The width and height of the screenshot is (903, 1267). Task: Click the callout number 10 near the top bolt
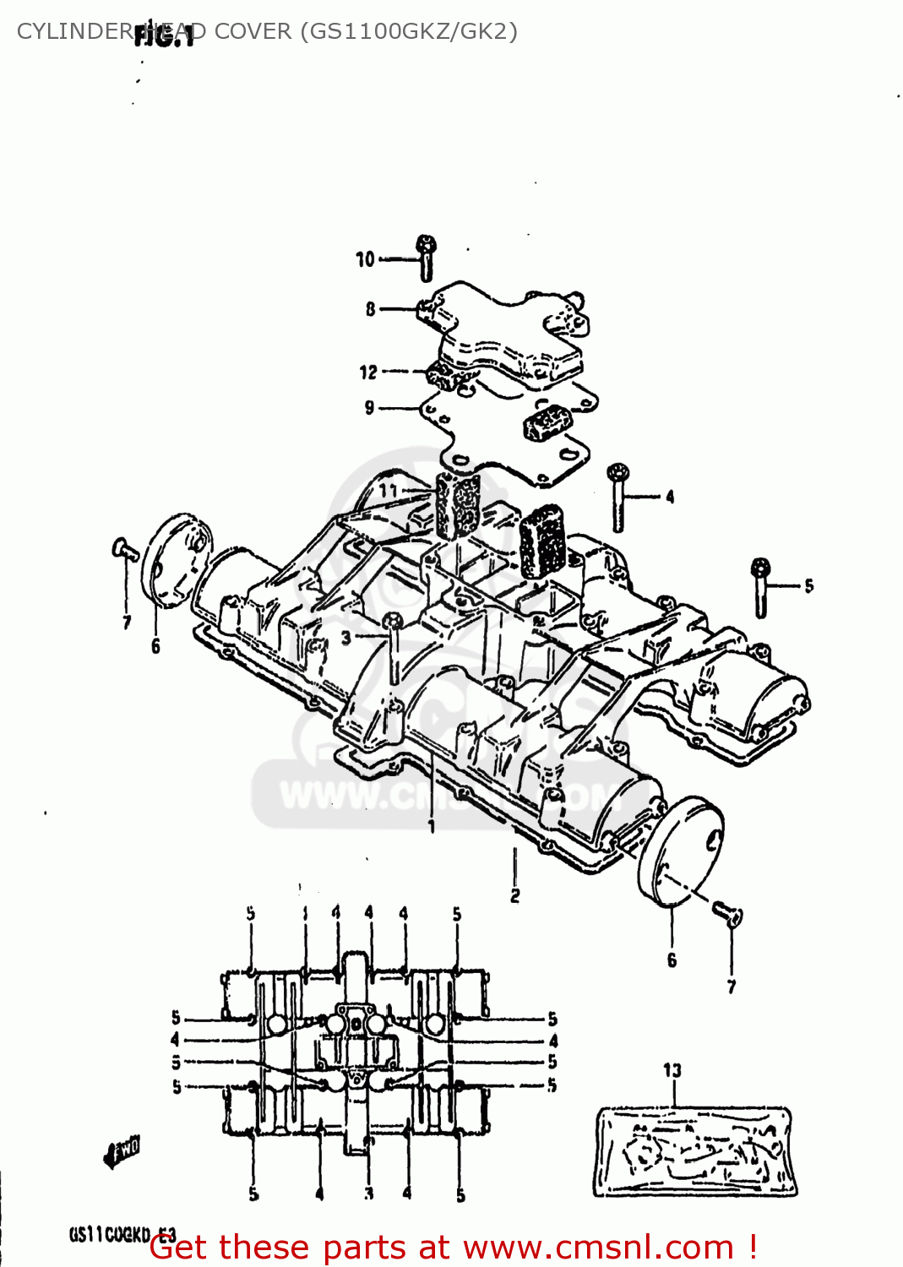tap(364, 259)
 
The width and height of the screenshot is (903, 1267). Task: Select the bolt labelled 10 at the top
tap(427, 257)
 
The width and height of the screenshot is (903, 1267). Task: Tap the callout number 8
tap(370, 309)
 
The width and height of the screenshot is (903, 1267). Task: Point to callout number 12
tap(368, 372)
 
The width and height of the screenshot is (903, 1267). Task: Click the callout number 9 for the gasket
tap(369, 408)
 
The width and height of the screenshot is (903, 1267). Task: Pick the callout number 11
tap(388, 490)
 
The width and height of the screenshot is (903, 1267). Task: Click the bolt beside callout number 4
tap(618, 498)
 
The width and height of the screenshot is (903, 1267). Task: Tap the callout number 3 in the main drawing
tap(345, 638)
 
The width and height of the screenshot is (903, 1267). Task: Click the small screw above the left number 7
tap(125, 550)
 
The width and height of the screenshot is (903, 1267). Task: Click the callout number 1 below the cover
tap(432, 826)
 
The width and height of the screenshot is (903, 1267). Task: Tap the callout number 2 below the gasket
tap(515, 895)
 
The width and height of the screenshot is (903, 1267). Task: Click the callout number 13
tap(672, 1070)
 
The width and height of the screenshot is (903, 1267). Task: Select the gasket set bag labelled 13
tap(694, 1150)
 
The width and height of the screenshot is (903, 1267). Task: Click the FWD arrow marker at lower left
tap(122, 1151)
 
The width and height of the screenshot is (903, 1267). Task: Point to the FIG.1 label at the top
tap(165, 35)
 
